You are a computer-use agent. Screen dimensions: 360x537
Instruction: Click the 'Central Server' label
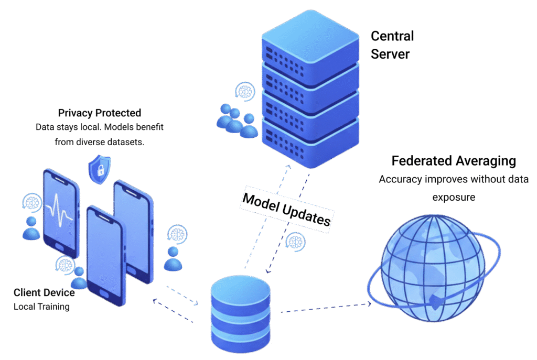pyautogui.click(x=392, y=45)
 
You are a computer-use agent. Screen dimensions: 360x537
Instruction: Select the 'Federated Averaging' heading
pyautogui.click(x=454, y=161)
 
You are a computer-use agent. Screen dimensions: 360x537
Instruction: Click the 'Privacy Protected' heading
pyautogui.click(x=99, y=113)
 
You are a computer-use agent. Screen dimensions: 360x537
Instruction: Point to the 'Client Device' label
pyautogui.click(x=44, y=292)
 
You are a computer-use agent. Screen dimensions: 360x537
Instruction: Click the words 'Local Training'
pyautogui.click(x=41, y=307)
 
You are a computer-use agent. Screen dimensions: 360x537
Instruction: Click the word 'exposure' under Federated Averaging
pyautogui.click(x=453, y=197)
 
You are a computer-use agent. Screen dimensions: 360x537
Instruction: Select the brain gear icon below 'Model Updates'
pyautogui.click(x=296, y=241)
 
